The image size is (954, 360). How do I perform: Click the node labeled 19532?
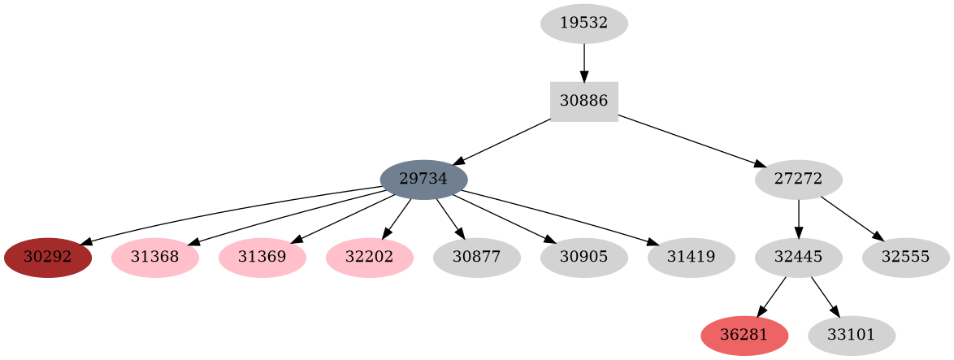[583, 24]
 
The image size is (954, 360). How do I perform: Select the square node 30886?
[583, 102]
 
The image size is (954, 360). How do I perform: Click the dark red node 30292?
[48, 258]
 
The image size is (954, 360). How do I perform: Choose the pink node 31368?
[155, 258]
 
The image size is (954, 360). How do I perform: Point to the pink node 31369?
[262, 258]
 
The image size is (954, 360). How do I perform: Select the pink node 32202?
[370, 258]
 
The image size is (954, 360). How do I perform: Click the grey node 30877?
[477, 258]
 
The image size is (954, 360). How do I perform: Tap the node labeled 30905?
[583, 258]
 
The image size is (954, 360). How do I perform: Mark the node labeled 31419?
[692, 258]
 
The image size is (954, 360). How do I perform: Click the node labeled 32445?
[798, 258]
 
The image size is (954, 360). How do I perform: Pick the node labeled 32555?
[905, 258]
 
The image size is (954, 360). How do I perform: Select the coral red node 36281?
[744, 336]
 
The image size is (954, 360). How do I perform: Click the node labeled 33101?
[852, 336]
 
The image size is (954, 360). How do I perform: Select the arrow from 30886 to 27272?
[691, 141]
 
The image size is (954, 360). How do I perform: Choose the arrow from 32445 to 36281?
[771, 297]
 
